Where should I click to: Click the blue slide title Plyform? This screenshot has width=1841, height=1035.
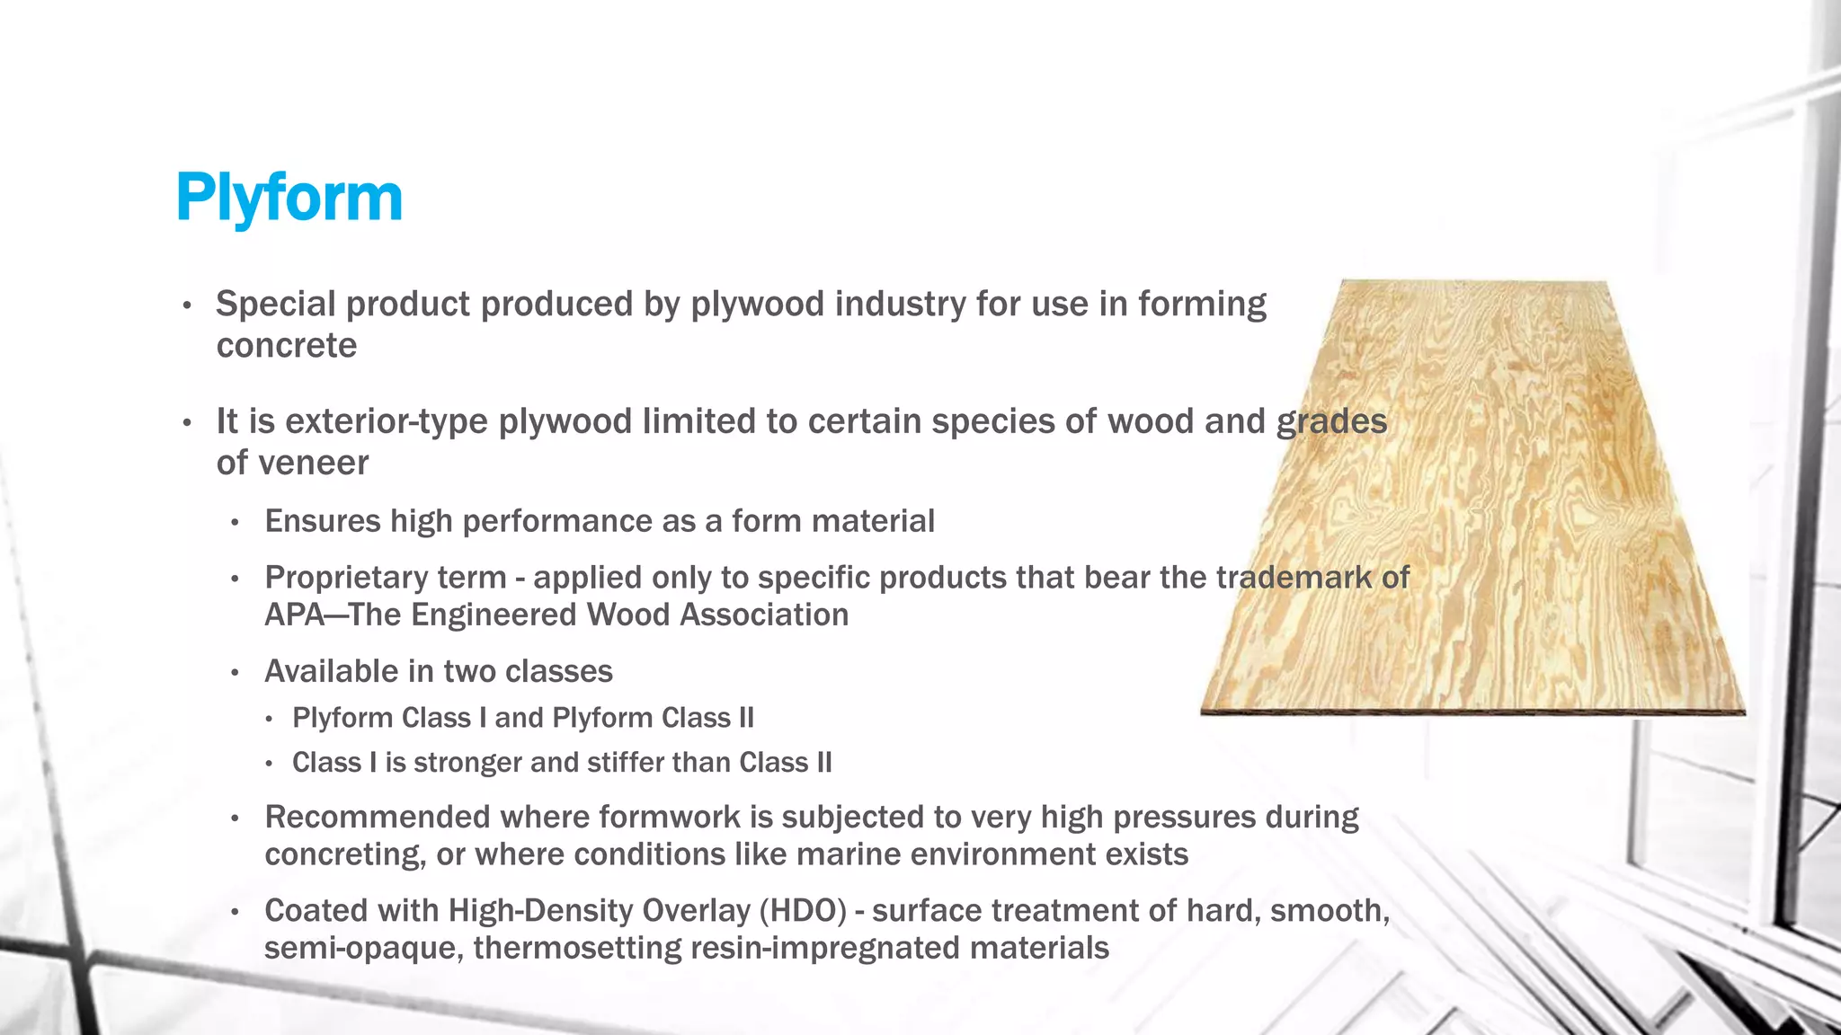(x=289, y=198)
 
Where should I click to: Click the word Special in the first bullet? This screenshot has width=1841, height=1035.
(x=275, y=304)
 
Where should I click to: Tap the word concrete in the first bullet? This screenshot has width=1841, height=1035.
(x=286, y=346)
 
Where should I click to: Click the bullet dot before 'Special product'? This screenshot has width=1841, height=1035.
(x=187, y=305)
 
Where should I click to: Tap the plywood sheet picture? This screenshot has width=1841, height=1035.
(x=1474, y=503)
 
